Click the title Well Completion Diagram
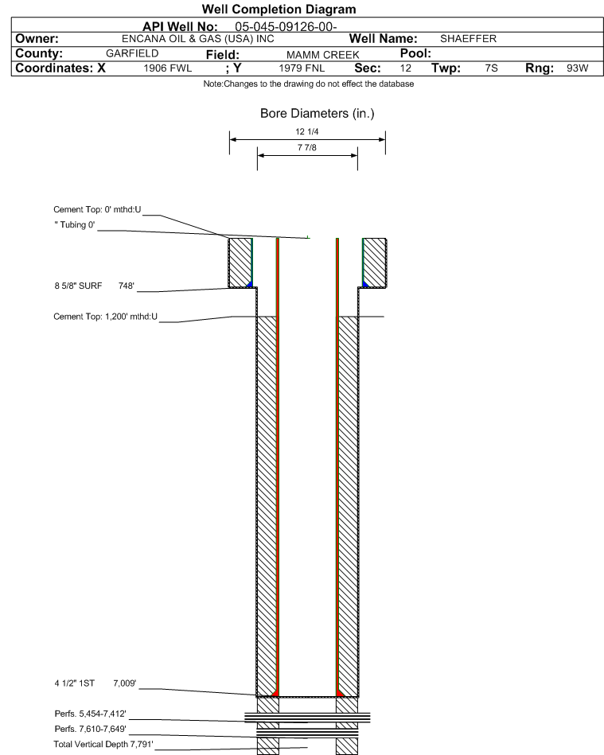(279, 9)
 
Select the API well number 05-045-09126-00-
(286, 27)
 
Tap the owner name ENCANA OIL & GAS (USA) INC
(198, 39)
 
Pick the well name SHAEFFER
(468, 38)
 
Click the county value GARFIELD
(132, 53)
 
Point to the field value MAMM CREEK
(323, 55)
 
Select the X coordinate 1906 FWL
(168, 68)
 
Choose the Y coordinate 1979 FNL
(302, 68)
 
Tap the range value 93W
(577, 68)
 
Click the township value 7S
(491, 68)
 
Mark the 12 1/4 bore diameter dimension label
(307, 131)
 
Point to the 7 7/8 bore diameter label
(307, 147)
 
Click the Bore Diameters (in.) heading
(317, 113)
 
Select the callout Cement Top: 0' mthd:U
(97, 209)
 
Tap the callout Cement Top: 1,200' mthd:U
(106, 317)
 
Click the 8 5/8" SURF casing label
(78, 286)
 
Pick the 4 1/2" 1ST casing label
(75, 683)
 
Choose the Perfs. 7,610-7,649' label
(91, 729)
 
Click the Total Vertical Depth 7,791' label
(103, 745)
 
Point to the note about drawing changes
(308, 84)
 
